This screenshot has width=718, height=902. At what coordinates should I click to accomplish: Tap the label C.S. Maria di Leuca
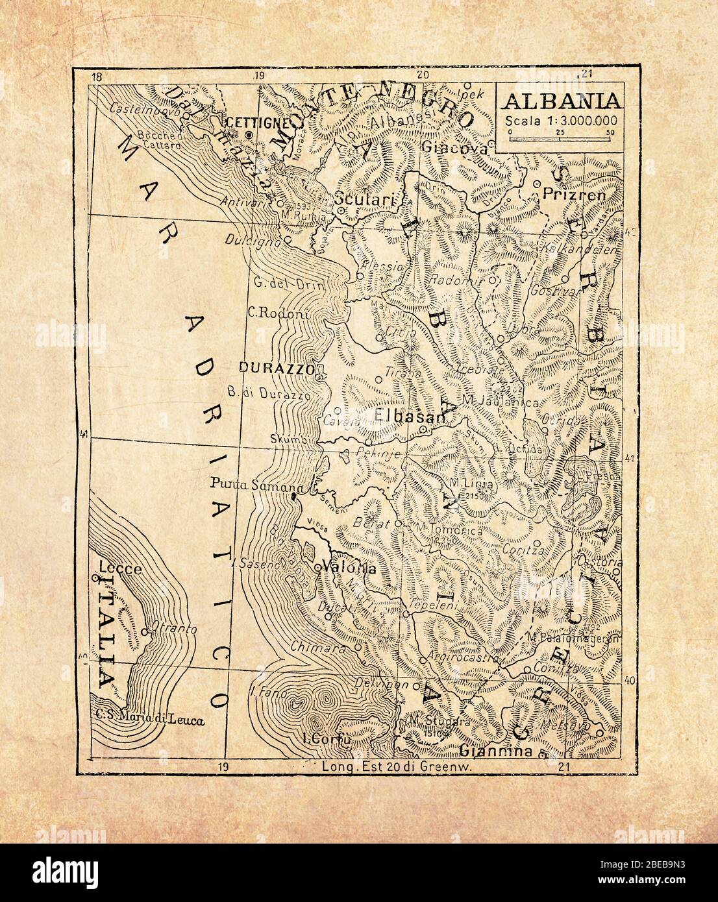[150, 719]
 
